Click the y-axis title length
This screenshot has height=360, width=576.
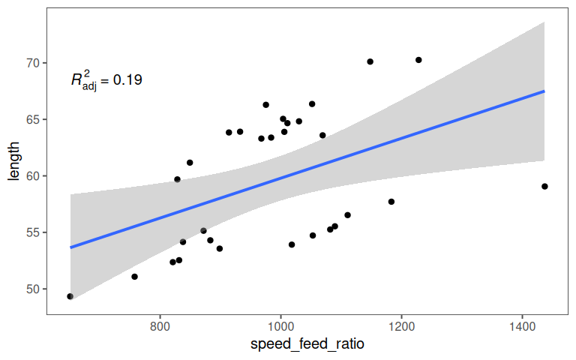click(x=13, y=163)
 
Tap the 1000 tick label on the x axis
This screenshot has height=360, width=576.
click(x=280, y=327)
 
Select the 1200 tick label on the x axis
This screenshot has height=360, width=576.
click(x=401, y=327)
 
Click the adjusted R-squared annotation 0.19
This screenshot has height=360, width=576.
click(x=106, y=80)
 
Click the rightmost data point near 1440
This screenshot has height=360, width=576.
click(x=544, y=186)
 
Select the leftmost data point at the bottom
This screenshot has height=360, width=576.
click(x=70, y=296)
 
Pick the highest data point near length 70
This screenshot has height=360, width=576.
click(x=418, y=60)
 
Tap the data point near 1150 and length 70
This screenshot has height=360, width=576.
click(x=370, y=61)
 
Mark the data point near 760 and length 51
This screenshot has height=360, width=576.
click(x=134, y=277)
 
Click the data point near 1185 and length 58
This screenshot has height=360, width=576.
click(x=391, y=202)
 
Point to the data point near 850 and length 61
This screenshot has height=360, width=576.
click(x=190, y=163)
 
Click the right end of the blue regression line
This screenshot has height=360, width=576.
click(x=544, y=91)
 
